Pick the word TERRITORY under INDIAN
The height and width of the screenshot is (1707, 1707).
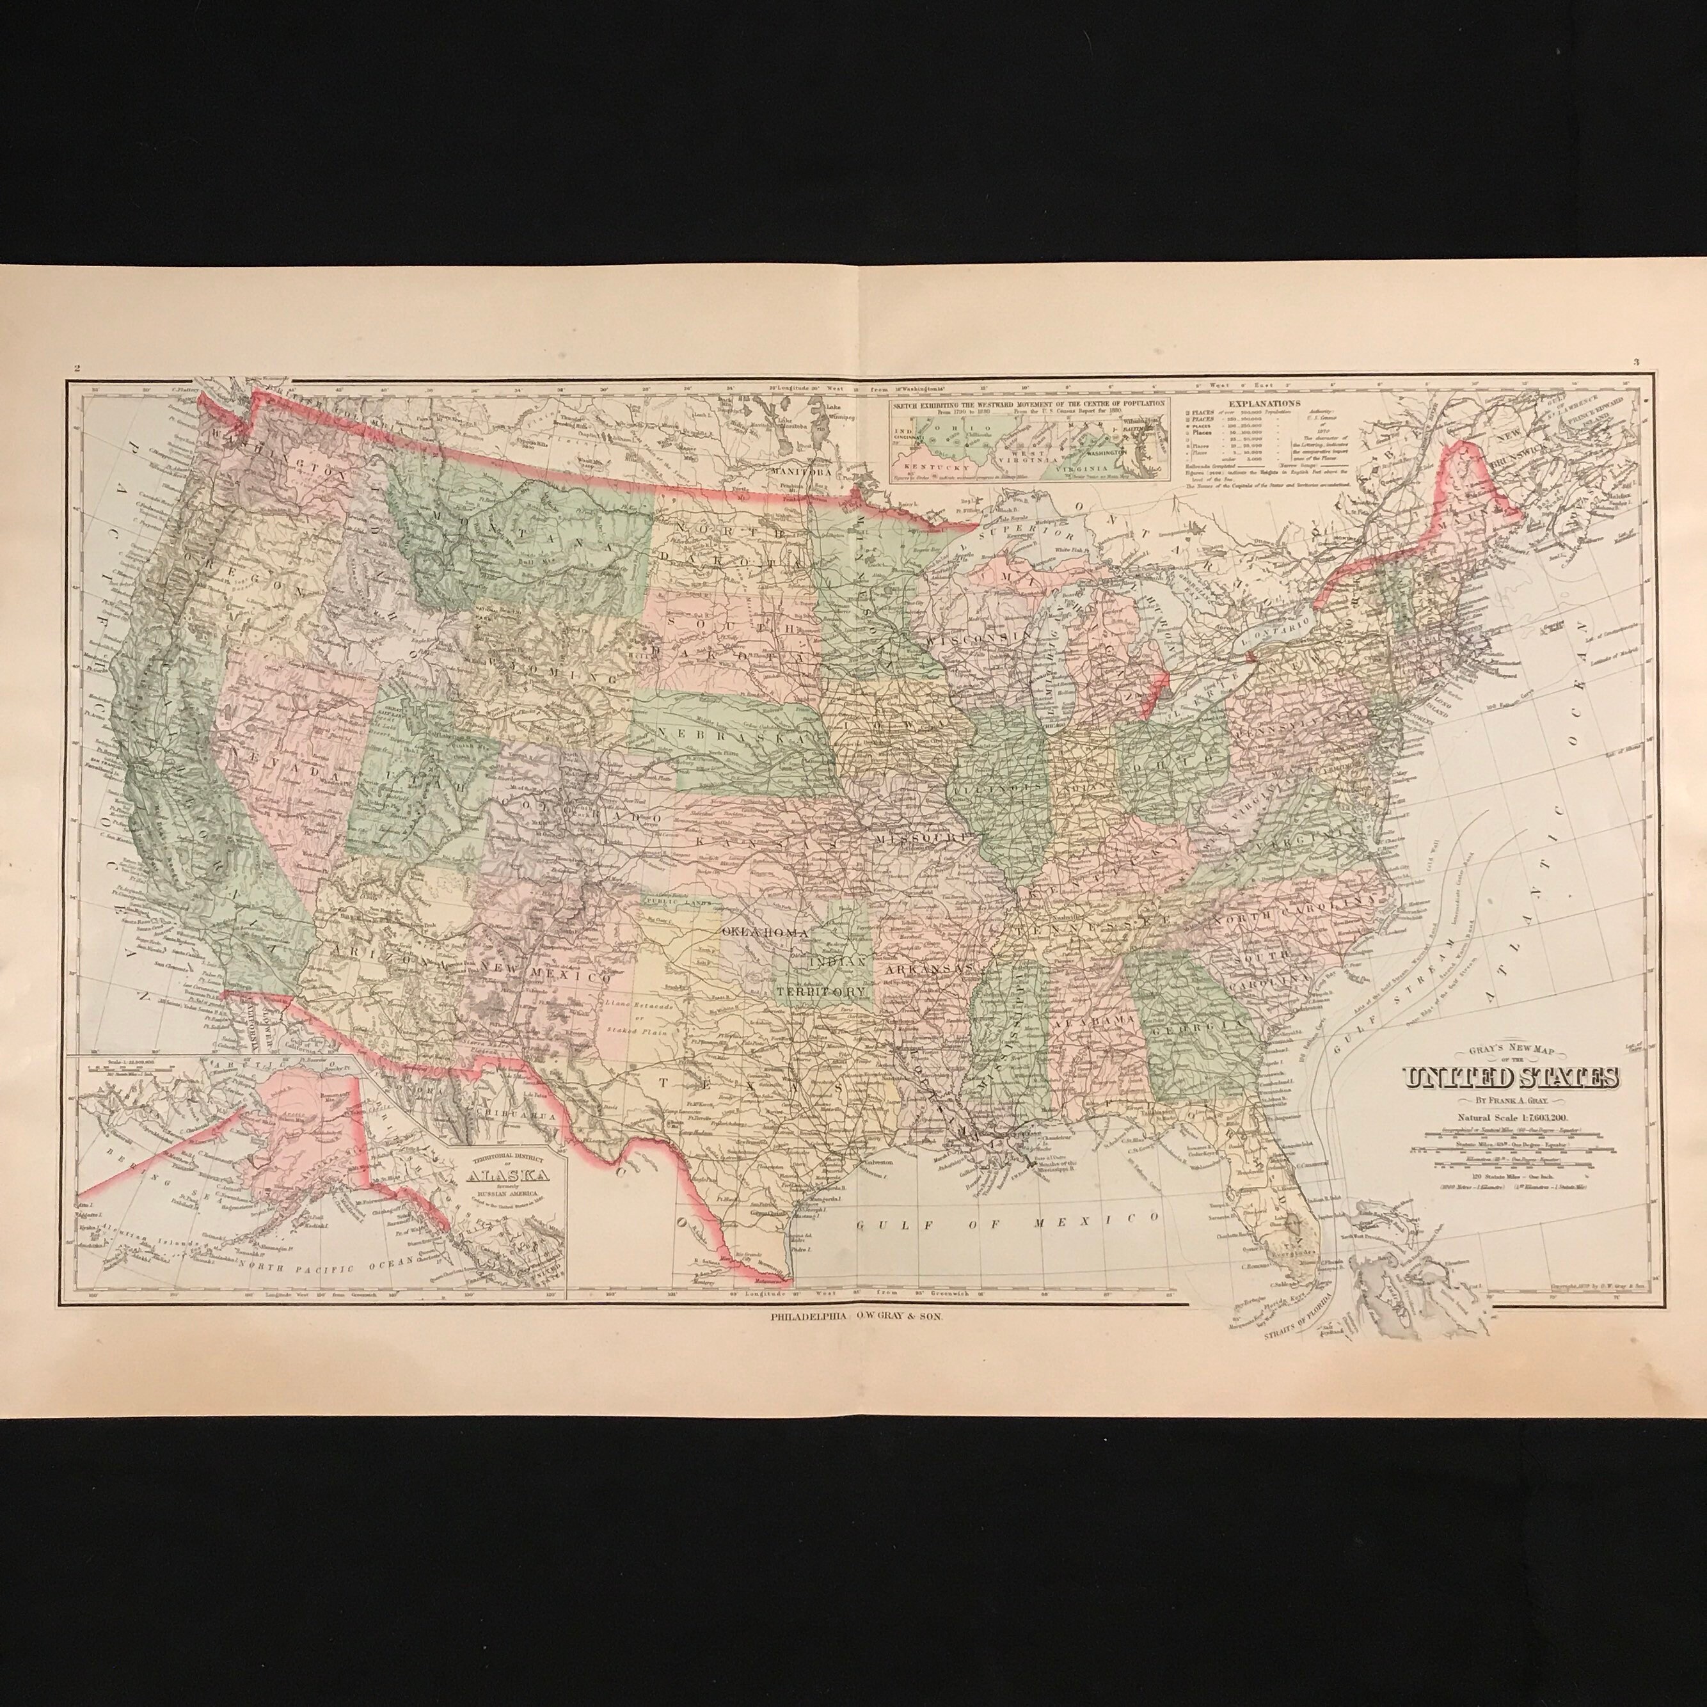click(x=820, y=992)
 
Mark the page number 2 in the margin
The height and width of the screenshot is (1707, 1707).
click(x=78, y=369)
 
